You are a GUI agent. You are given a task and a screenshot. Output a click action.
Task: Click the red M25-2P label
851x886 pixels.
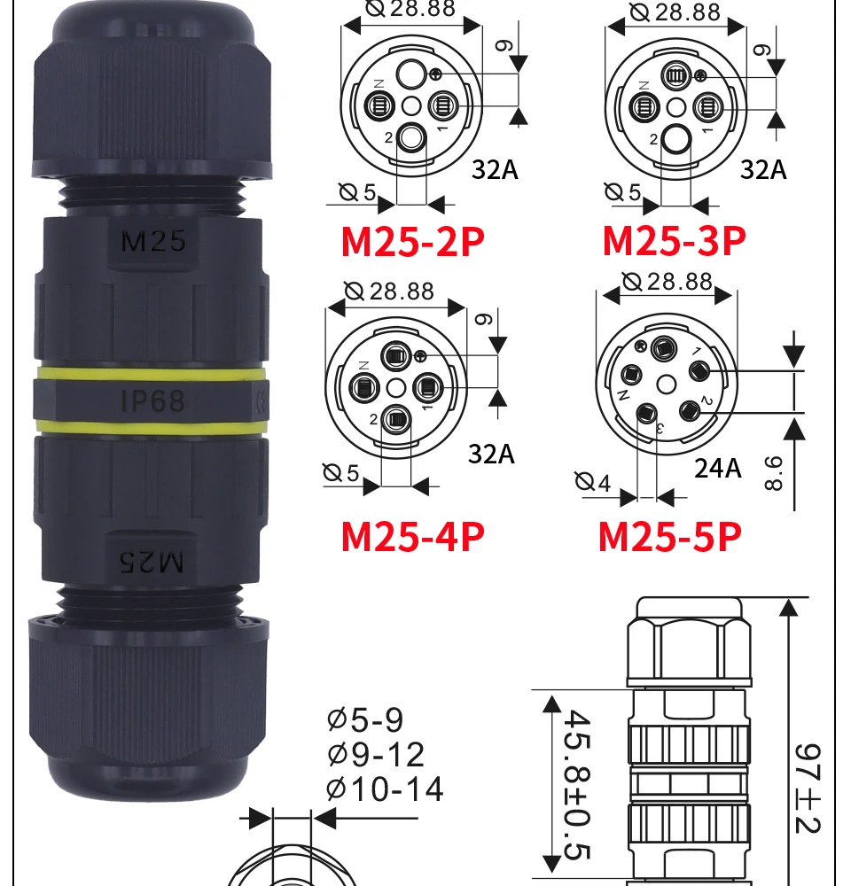point(413,242)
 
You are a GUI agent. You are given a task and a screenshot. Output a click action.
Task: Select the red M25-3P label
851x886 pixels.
point(675,241)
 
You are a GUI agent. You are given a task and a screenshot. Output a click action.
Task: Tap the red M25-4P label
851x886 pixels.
point(413,536)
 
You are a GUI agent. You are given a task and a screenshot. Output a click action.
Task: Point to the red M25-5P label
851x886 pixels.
point(670,536)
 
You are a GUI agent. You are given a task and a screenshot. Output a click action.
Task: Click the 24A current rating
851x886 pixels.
point(717,469)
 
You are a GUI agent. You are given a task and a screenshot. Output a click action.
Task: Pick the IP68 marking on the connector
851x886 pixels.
point(153,400)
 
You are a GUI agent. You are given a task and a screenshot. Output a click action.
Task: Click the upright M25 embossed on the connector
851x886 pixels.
point(153,241)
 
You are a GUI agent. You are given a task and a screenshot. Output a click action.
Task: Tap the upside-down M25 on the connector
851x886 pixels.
point(152,562)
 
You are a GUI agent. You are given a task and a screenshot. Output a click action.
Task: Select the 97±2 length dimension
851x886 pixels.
point(808,789)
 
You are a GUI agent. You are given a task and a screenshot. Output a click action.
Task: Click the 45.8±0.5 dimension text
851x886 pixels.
point(577,785)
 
